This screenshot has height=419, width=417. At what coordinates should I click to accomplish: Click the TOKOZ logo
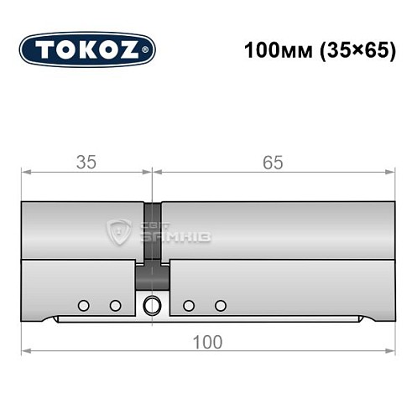pos(87,50)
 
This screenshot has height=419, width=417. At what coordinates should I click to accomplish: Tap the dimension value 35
pos(85,162)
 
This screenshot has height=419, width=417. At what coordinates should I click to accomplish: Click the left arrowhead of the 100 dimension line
pos(25,349)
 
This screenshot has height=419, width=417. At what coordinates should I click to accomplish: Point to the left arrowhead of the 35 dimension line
pos(25,173)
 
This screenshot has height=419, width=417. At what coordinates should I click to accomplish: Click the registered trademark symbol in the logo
pos(149,50)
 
